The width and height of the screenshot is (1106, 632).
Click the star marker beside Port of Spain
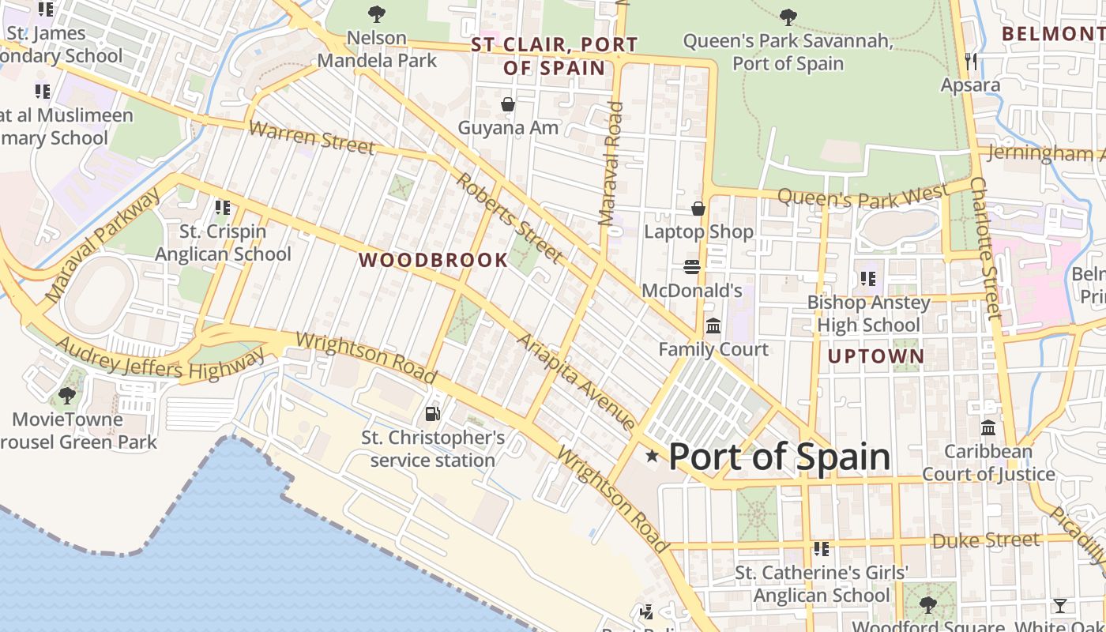653,456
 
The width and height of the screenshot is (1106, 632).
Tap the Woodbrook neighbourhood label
434,260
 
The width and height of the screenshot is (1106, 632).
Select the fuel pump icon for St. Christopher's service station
432,413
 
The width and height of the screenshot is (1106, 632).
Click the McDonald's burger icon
692,267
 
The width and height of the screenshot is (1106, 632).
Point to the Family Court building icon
713,325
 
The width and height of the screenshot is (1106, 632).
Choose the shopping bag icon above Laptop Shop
698,209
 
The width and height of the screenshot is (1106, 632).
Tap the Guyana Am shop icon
508,104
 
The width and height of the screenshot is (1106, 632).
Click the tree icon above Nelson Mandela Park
377,13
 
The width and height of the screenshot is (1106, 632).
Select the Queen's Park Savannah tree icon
788,17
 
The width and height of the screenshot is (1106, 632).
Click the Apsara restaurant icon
971,61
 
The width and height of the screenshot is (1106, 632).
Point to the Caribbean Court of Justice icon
988,427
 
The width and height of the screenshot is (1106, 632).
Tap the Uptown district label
876,356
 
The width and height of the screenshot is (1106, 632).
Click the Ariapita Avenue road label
576,382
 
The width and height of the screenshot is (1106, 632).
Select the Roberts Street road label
510,217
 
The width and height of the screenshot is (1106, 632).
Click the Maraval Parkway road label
103,246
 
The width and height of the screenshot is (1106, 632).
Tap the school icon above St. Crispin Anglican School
223,208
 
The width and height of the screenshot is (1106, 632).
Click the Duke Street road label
985,540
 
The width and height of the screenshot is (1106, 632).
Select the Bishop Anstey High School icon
868,279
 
